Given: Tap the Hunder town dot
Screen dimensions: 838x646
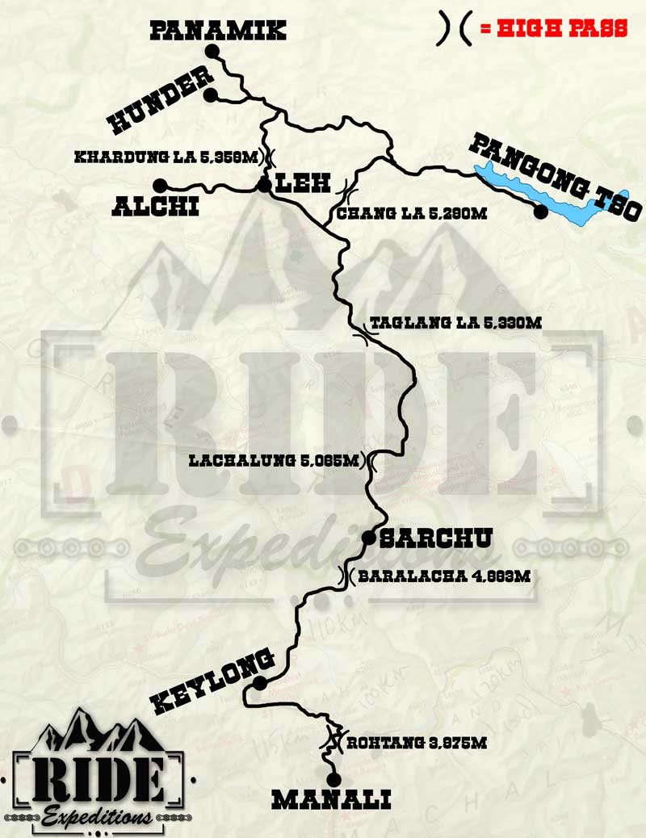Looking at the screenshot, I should pyautogui.click(x=210, y=95).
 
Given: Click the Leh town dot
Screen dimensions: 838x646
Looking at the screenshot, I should pyautogui.click(x=263, y=186).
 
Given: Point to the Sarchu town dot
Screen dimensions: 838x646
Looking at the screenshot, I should pyautogui.click(x=368, y=537).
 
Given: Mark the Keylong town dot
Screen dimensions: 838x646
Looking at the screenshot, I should pyautogui.click(x=259, y=683).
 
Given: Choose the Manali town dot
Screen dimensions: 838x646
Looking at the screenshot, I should pyautogui.click(x=333, y=777).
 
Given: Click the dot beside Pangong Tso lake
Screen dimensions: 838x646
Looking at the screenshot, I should pyautogui.click(x=541, y=212).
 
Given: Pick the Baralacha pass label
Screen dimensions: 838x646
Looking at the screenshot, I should pyautogui.click(x=443, y=576).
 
